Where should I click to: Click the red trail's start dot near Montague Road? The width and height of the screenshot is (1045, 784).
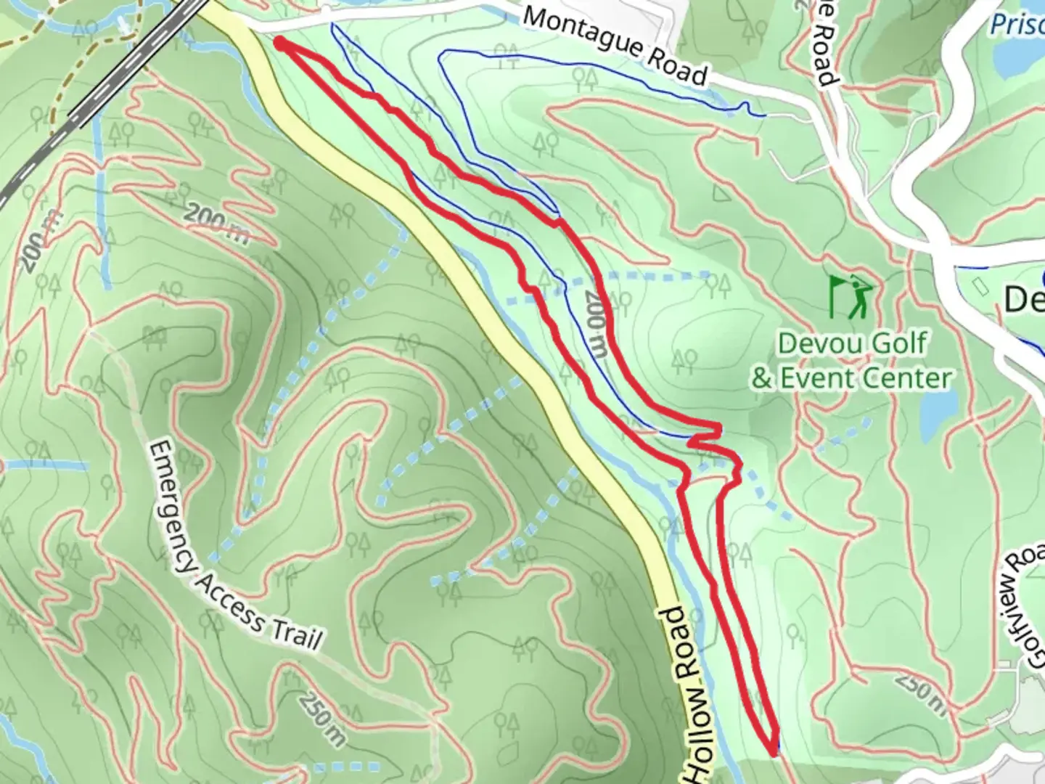279,44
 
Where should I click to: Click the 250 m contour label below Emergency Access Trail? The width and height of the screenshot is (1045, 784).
320,718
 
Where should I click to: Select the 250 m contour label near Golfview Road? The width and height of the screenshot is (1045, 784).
919,690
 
